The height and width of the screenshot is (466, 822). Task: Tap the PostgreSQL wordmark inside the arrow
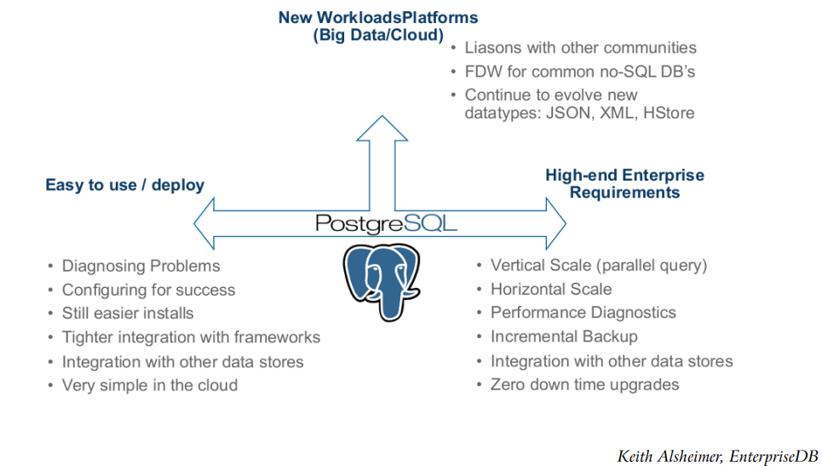point(386,224)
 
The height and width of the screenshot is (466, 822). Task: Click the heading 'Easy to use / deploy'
point(124,185)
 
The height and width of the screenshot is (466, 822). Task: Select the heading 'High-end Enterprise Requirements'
point(624,184)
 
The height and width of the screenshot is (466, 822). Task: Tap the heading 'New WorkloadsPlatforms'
point(378,17)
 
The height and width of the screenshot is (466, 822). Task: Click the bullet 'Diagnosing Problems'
point(141,267)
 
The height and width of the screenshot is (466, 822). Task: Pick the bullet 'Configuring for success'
point(148,291)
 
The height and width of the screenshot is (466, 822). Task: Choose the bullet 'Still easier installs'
point(128,314)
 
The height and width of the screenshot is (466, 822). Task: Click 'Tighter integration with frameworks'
point(191,337)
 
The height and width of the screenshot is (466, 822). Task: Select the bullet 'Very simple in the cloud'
point(149,385)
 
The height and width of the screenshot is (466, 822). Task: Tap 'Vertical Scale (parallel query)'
point(599,265)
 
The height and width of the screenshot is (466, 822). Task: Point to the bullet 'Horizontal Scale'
point(551,289)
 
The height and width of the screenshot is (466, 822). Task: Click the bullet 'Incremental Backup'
point(564,337)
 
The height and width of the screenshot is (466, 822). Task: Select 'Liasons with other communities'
point(580,48)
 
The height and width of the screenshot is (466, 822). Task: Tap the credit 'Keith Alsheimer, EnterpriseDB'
point(717,457)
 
